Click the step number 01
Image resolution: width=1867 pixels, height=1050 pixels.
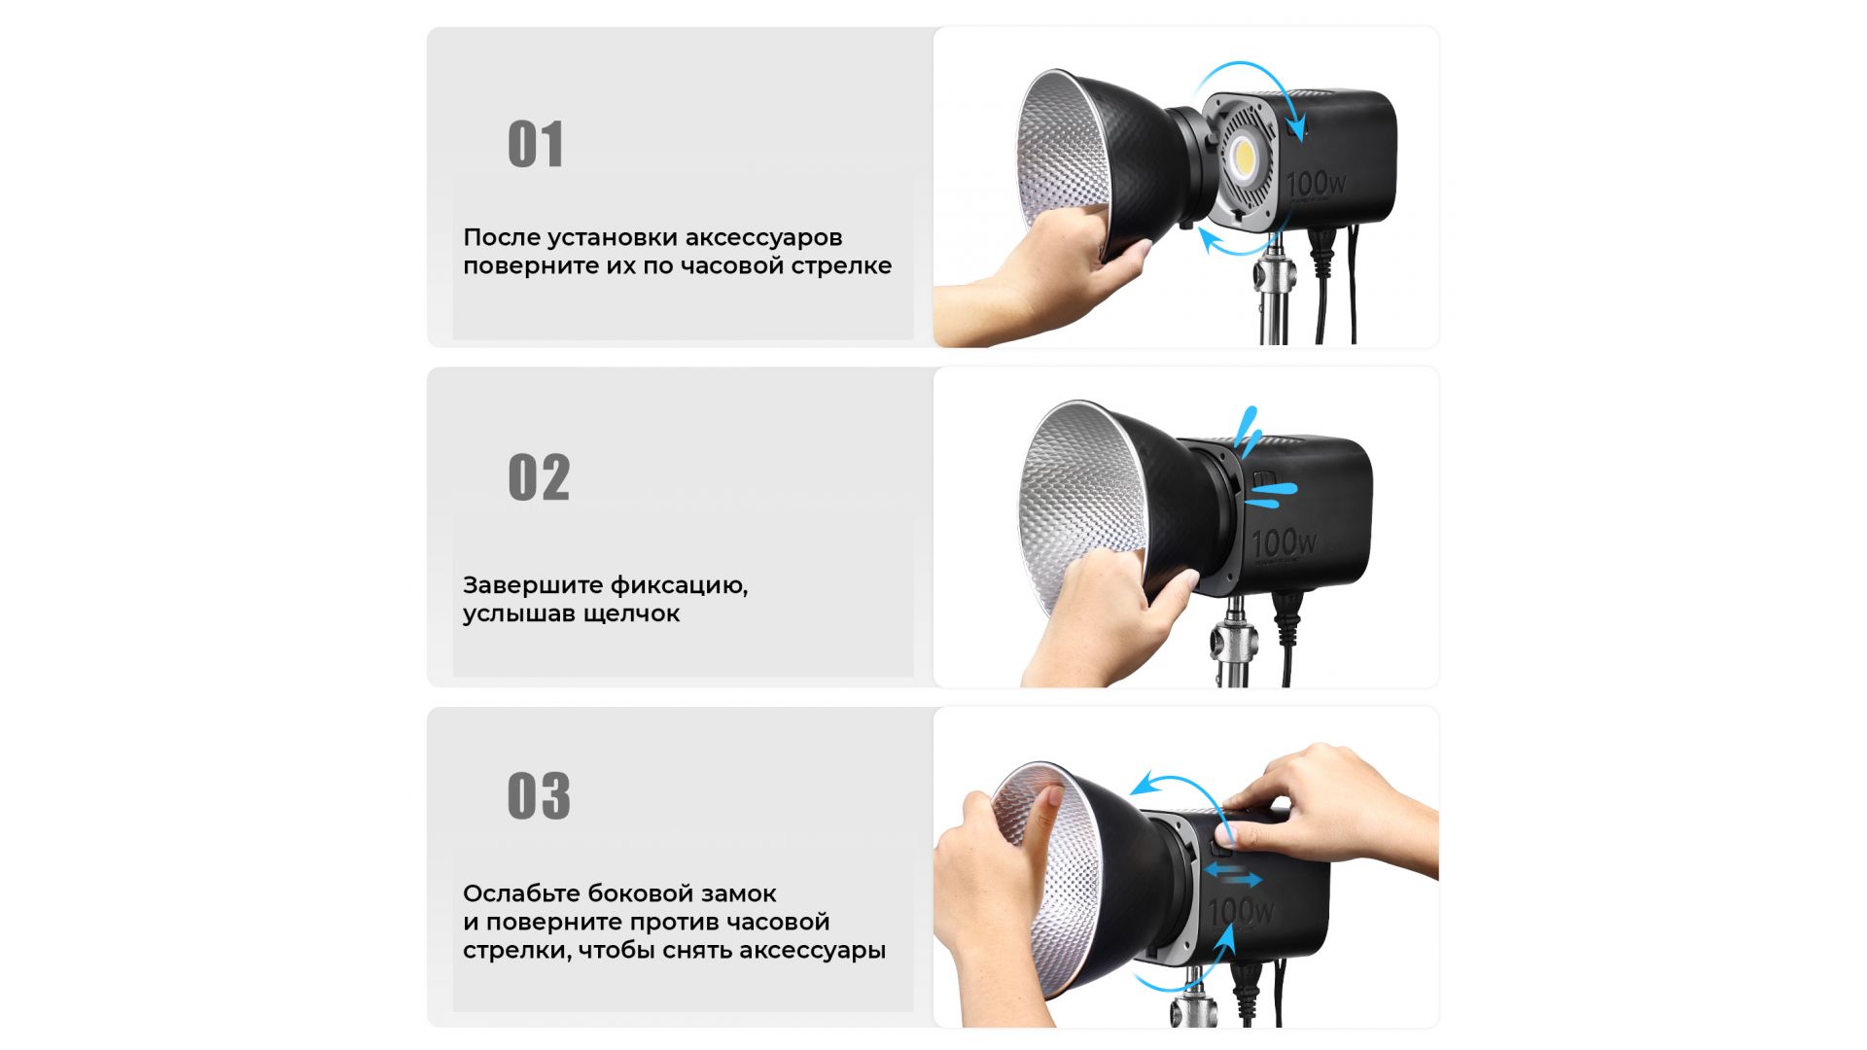(x=536, y=145)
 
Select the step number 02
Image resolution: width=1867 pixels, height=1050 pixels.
(x=539, y=477)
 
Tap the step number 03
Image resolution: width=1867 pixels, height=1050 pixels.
(x=539, y=795)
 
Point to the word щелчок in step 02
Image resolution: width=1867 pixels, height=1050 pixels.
(x=632, y=614)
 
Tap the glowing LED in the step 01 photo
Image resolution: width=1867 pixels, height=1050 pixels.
(x=1242, y=156)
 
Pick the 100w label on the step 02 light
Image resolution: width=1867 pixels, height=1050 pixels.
(x=1285, y=543)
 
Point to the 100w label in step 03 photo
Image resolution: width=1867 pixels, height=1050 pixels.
(x=1241, y=910)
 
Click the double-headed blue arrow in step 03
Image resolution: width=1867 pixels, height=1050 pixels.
(x=1234, y=875)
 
